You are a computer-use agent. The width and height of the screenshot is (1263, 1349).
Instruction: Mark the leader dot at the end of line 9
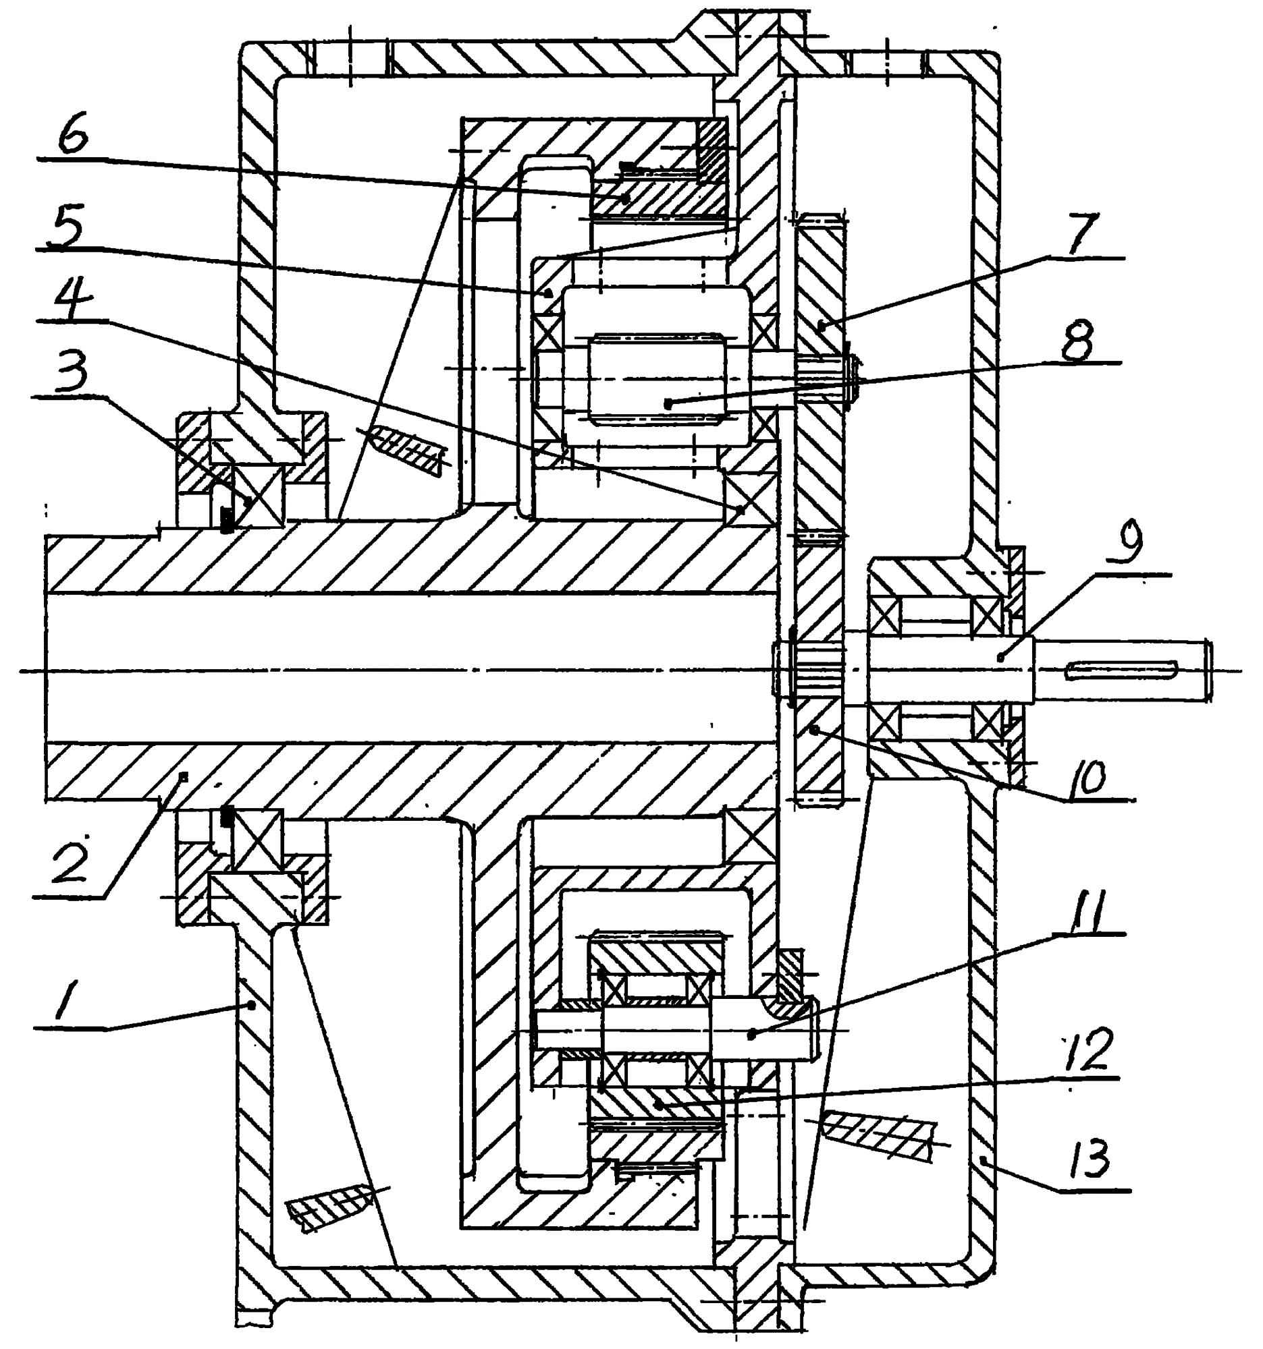[1001, 656]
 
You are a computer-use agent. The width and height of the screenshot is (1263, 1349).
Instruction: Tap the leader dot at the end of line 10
[816, 729]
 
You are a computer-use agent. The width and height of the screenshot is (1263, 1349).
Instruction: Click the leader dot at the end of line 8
[669, 403]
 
